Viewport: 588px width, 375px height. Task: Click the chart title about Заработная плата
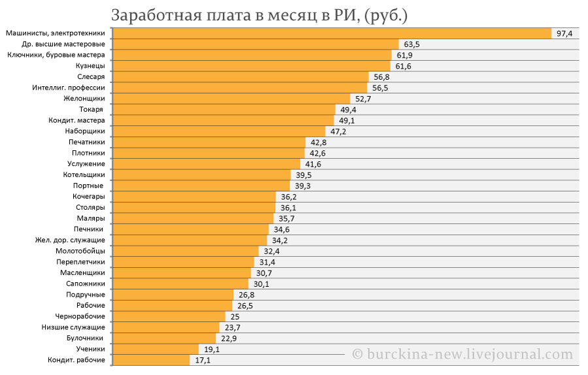(x=259, y=16)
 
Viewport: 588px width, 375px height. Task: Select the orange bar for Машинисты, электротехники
(x=332, y=33)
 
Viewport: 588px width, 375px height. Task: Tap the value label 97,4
(x=564, y=34)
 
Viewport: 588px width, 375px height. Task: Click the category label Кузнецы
(x=90, y=66)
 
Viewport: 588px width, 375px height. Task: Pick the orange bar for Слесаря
(x=240, y=77)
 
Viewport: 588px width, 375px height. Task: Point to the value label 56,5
(x=380, y=88)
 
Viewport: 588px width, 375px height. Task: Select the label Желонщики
(x=84, y=99)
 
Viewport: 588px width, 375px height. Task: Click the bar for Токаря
(x=224, y=110)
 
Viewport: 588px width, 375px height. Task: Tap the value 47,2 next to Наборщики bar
(x=338, y=131)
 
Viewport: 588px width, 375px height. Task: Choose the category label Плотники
(x=88, y=153)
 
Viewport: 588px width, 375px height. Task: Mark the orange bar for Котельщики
(x=201, y=174)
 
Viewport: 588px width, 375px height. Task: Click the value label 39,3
(x=302, y=186)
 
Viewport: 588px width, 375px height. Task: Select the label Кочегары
(x=89, y=197)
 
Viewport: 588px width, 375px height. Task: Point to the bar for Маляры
(x=193, y=218)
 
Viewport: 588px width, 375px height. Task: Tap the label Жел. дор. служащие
(x=70, y=240)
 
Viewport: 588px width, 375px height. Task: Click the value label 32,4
(x=272, y=252)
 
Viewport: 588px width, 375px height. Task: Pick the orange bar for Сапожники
(x=180, y=284)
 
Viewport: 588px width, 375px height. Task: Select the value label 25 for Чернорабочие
(x=235, y=316)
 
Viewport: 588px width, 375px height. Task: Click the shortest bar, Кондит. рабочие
(x=151, y=360)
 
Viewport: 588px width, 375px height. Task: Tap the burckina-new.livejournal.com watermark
(x=463, y=354)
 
